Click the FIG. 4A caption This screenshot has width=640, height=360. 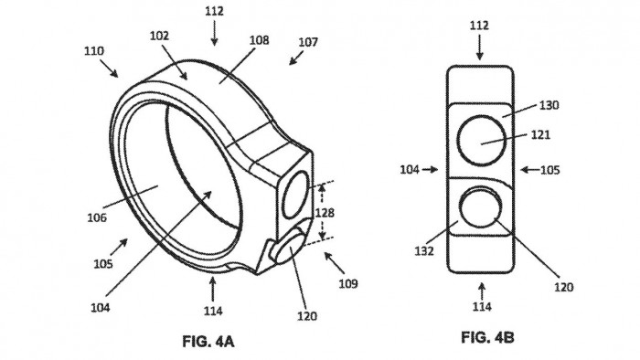click(x=208, y=341)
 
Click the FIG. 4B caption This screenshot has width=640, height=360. click(x=487, y=337)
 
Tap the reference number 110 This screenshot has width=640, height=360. click(x=94, y=51)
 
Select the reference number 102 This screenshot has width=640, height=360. click(x=159, y=36)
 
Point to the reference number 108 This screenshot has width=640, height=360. click(x=259, y=40)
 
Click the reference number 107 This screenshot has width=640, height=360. click(x=308, y=42)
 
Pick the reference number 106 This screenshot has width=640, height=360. click(x=97, y=217)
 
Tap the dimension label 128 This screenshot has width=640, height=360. click(x=325, y=212)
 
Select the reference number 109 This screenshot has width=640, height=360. click(x=348, y=283)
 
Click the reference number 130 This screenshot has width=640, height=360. click(x=549, y=105)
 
